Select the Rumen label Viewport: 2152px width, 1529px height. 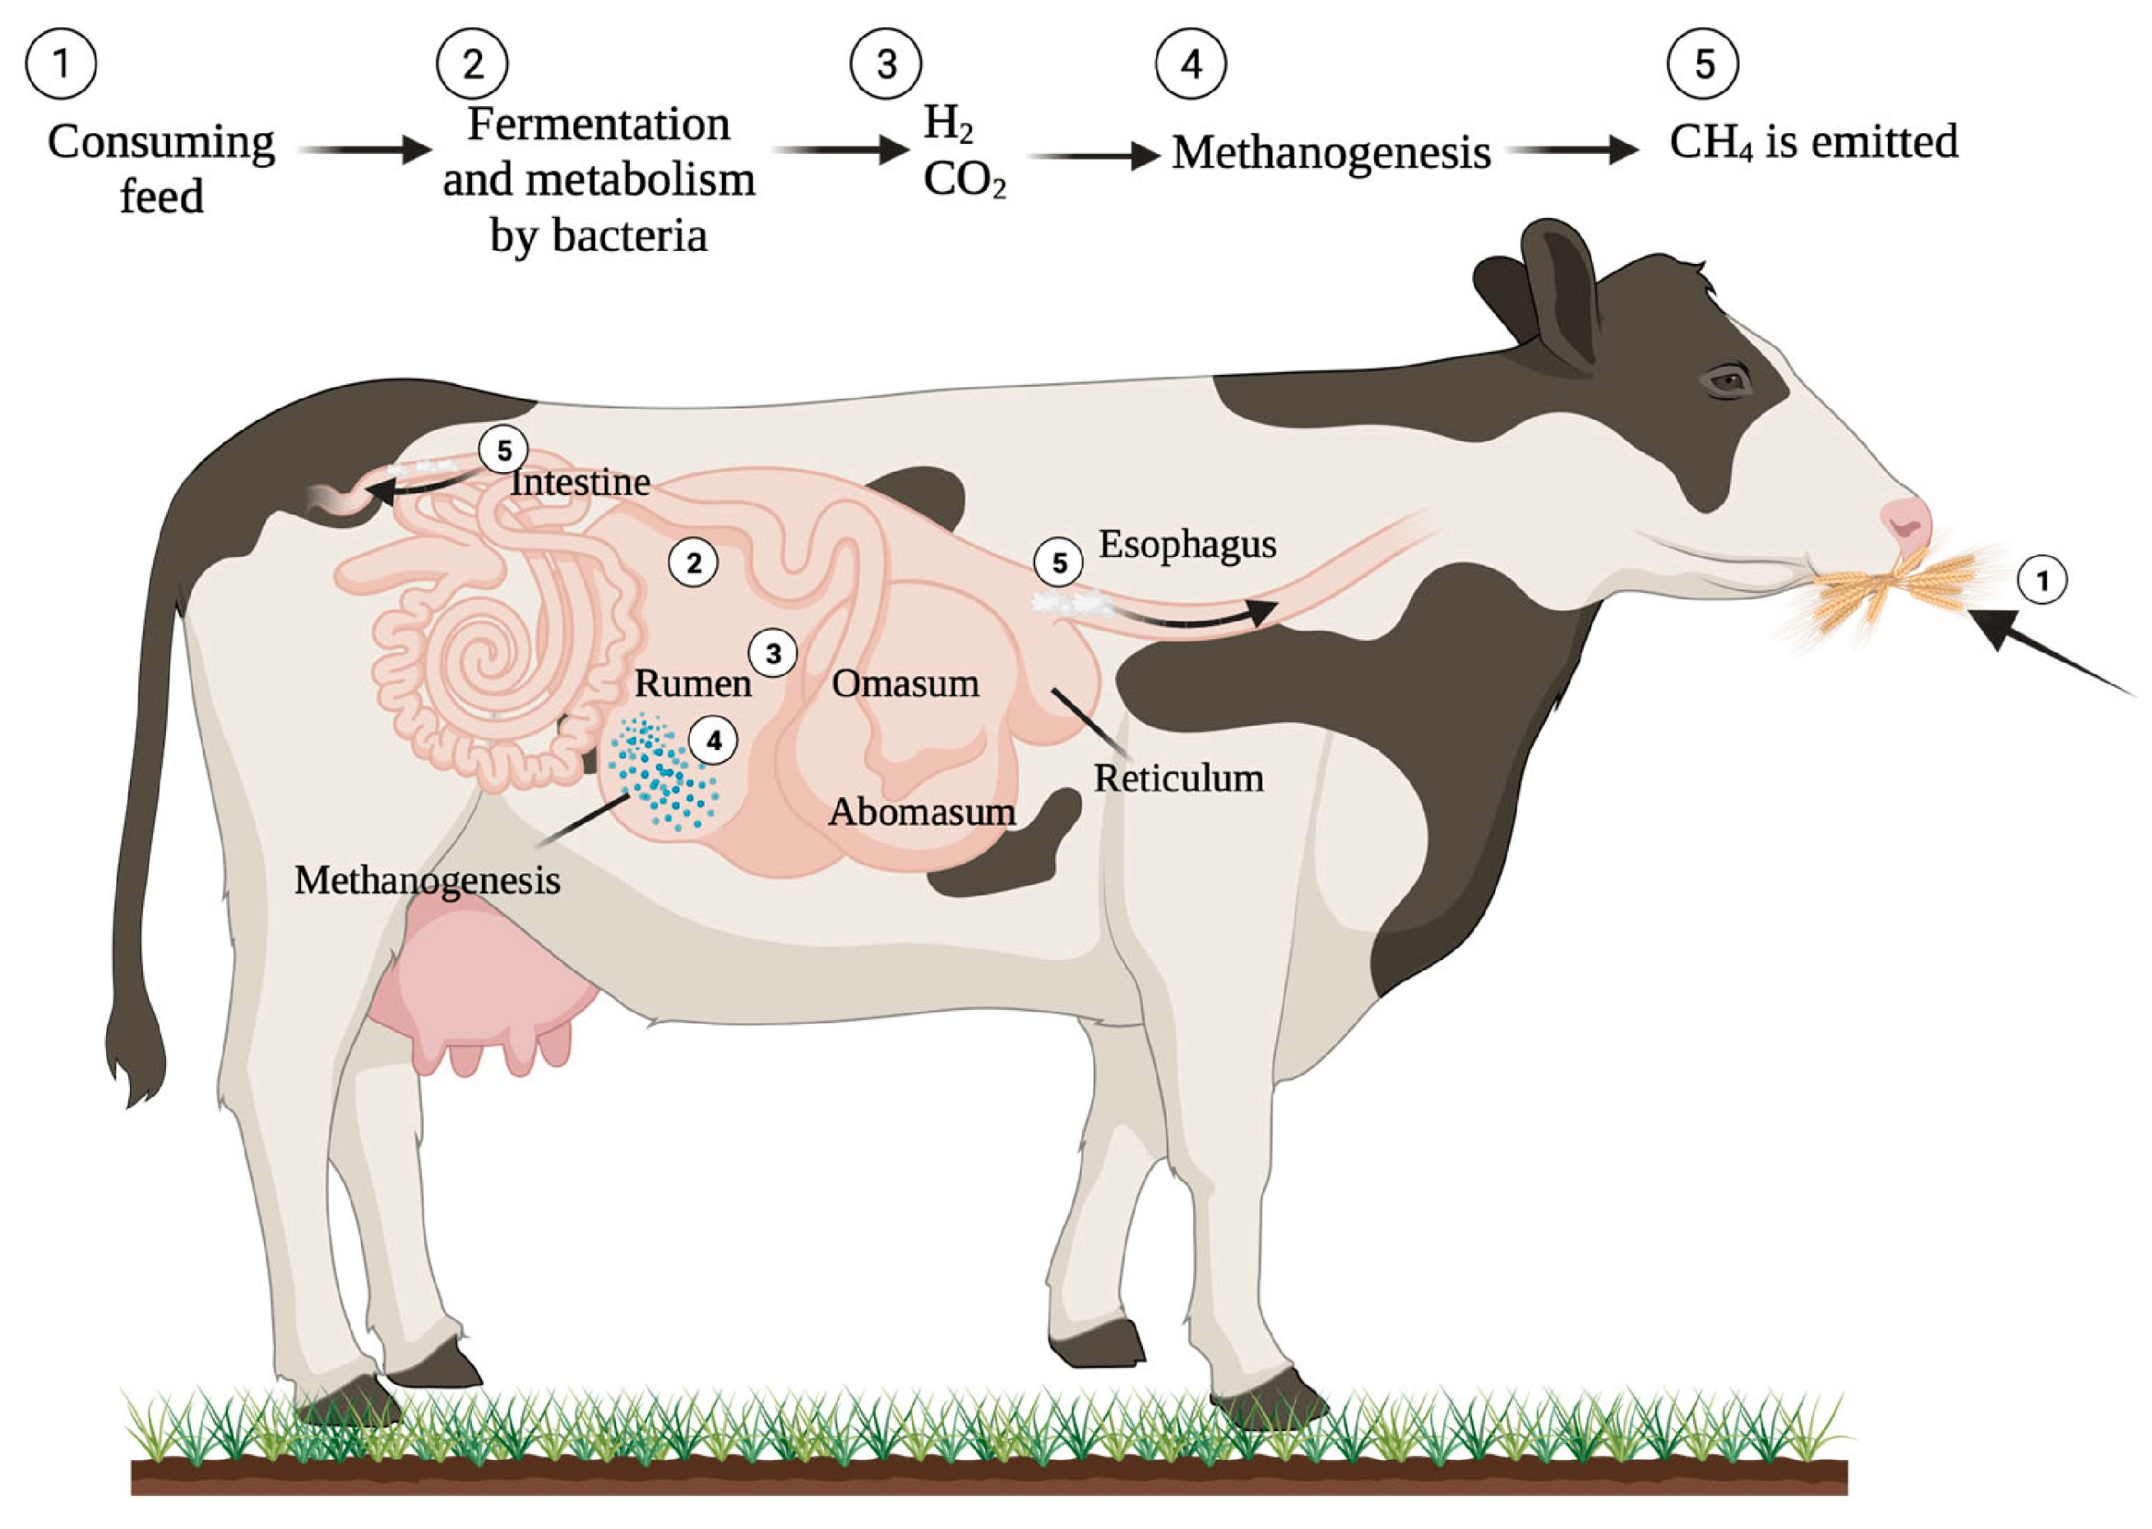click(693, 683)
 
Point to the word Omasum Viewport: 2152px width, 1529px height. click(905, 683)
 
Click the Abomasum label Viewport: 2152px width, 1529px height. click(922, 812)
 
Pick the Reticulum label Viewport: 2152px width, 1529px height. click(1178, 779)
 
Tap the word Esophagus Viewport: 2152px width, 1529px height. click(1187, 544)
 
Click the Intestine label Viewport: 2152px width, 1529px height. click(580, 482)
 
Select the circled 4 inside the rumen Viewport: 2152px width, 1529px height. click(714, 742)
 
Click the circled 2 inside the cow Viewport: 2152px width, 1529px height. click(693, 563)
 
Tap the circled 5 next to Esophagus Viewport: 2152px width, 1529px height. click(1059, 563)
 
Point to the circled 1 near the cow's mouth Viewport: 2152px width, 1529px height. click(2043, 581)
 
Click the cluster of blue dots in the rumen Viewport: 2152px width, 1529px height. click(662, 774)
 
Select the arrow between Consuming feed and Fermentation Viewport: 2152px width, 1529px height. click(364, 150)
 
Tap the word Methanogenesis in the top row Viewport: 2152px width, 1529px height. click(1331, 152)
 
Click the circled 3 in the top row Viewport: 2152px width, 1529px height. click(886, 64)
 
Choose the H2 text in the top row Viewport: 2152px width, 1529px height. click(947, 124)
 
